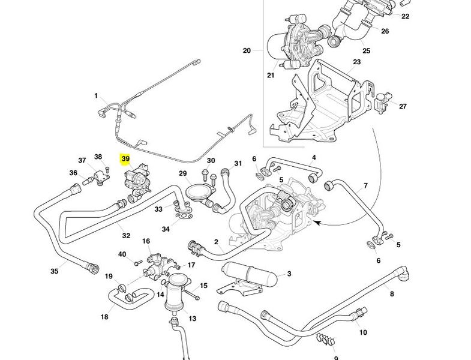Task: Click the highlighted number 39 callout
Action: click(125, 159)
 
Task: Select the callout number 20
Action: click(247, 50)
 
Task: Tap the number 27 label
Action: click(403, 106)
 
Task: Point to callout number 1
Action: click(95, 95)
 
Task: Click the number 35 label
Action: click(55, 271)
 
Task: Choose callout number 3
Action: click(289, 274)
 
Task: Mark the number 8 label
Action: click(392, 293)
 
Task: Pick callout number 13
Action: click(193, 318)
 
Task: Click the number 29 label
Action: click(183, 173)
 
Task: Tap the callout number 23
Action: click(356, 62)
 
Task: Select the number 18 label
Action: click(104, 316)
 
